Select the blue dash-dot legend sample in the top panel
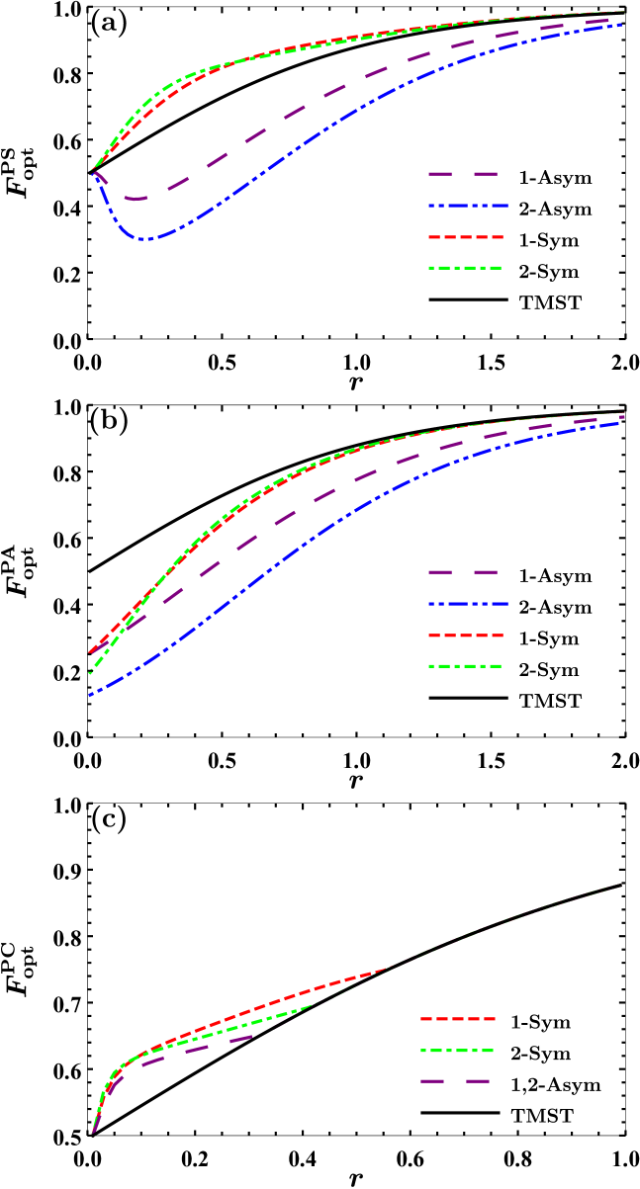(468, 206)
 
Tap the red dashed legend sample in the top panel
(466, 237)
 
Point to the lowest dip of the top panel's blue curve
(143, 238)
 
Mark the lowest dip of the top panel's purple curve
(136, 199)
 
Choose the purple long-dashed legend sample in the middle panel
(462, 572)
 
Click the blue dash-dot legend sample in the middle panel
(468, 604)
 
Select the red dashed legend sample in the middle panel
(466, 636)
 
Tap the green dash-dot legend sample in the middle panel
(465, 666)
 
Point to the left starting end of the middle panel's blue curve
(90, 696)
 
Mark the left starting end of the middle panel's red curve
(90, 652)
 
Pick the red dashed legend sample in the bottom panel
(457, 1019)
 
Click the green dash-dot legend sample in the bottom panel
(456, 1051)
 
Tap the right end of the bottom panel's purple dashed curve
(253, 1037)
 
